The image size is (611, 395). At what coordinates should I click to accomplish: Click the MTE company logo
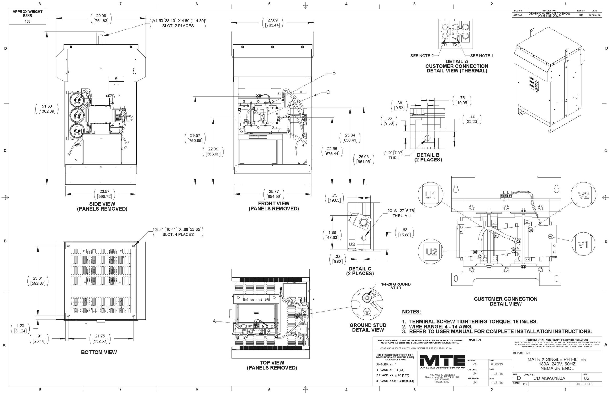click(442, 361)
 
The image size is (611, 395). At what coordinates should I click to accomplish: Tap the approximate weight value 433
click(27, 21)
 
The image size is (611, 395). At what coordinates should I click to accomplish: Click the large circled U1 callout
click(430, 195)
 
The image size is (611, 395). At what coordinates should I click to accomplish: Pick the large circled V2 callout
click(583, 195)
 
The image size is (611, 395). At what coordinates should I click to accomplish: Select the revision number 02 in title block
click(587, 378)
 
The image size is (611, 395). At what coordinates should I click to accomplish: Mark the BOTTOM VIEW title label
click(99, 352)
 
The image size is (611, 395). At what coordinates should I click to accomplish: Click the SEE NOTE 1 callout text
click(482, 56)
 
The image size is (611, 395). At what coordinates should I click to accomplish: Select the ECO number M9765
click(517, 15)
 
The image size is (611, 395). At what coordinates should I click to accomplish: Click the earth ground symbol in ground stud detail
click(367, 311)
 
